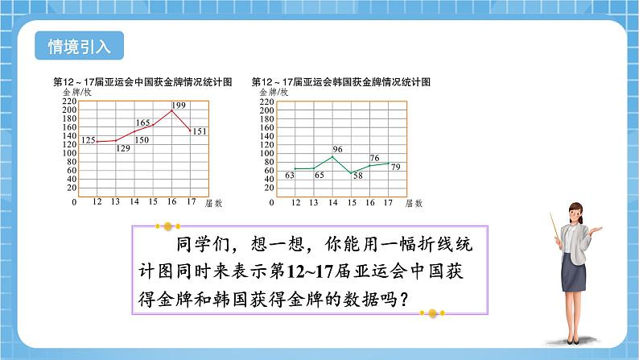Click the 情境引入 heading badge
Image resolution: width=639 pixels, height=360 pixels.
tap(80, 45)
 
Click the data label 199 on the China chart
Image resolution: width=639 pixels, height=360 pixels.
tap(178, 106)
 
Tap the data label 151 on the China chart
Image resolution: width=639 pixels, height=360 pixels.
tap(199, 131)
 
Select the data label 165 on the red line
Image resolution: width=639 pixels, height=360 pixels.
tap(142, 123)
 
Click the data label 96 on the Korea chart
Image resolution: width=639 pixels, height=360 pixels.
tap(337, 149)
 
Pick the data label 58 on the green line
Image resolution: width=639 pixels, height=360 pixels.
tap(357, 175)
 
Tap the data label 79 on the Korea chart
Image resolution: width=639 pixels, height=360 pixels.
tap(394, 165)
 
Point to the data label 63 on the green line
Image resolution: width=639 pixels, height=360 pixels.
tap(288, 175)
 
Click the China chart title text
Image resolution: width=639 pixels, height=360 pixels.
tap(142, 82)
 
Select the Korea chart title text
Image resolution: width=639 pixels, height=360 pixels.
tap(341, 82)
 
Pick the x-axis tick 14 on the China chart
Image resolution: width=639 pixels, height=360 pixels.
tap(134, 202)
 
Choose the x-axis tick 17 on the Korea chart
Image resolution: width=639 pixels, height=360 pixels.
tap(388, 202)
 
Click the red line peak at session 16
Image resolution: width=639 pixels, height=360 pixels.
tap(171, 110)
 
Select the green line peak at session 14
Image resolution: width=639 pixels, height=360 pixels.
tap(332, 155)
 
